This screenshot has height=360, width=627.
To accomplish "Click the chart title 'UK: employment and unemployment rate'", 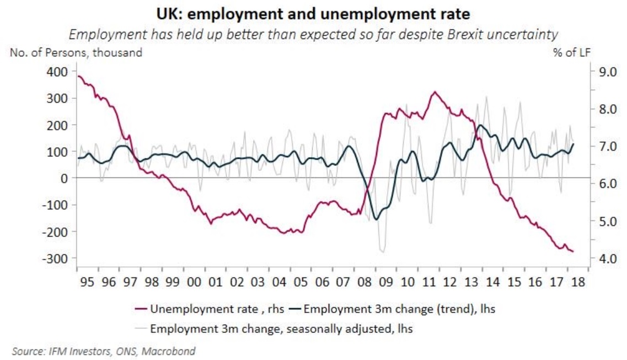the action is pyautogui.click(x=313, y=14).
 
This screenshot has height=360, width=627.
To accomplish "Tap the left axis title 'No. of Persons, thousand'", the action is pyautogui.click(x=76, y=53).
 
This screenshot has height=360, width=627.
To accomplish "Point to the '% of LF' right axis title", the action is pyautogui.click(x=571, y=53).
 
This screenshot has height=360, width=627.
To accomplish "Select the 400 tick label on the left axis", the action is pyautogui.click(x=58, y=72).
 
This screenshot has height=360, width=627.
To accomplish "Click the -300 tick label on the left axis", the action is pyautogui.click(x=55, y=259).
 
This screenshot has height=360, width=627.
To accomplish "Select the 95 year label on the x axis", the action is pyautogui.click(x=87, y=282).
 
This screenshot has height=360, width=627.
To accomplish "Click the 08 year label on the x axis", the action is pyautogui.click(x=365, y=282).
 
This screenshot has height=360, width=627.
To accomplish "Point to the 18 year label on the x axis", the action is pyautogui.click(x=578, y=282).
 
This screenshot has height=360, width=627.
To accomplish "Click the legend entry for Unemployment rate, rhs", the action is pyautogui.click(x=210, y=309).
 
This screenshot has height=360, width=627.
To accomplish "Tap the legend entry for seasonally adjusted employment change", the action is pyautogui.click(x=274, y=329).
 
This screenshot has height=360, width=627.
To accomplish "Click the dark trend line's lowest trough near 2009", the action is pyautogui.click(x=376, y=219).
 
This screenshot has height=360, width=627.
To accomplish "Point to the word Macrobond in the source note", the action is pyautogui.click(x=168, y=352).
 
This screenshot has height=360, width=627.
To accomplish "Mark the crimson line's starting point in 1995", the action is pyautogui.click(x=78, y=76).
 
